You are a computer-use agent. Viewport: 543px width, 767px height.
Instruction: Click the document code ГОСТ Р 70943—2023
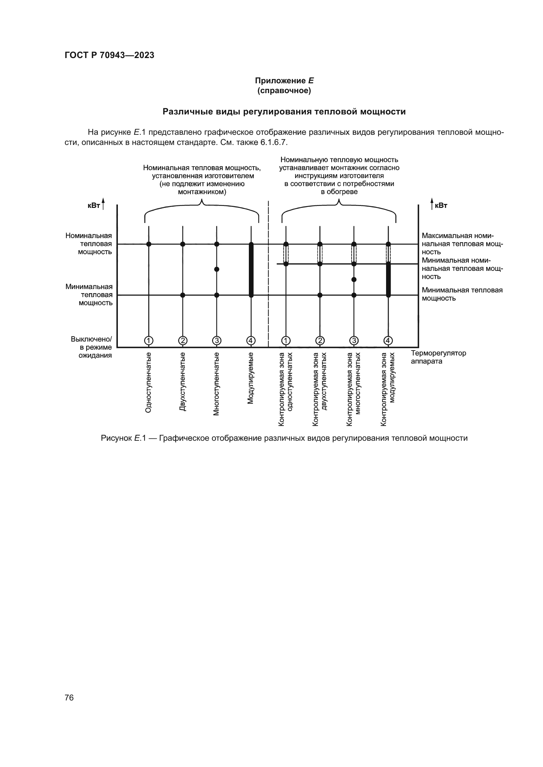pyautogui.click(x=109, y=55)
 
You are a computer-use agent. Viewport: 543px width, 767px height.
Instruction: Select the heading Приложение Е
pyautogui.click(x=284, y=81)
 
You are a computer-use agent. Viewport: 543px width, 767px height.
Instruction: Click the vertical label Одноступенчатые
pyautogui.click(x=148, y=382)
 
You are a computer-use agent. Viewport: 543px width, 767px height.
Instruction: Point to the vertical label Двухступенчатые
pyautogui.click(x=183, y=381)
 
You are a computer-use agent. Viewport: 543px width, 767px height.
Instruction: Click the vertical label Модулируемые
pyautogui.click(x=250, y=378)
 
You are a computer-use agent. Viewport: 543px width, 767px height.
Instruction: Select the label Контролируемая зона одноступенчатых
pyautogui.click(x=286, y=389)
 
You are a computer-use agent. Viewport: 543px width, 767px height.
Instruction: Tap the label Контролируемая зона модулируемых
pyautogui.click(x=388, y=389)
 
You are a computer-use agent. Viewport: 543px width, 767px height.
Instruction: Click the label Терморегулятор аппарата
pyautogui.click(x=438, y=357)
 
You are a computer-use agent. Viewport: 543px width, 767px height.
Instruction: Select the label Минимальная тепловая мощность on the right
pyautogui.click(x=462, y=294)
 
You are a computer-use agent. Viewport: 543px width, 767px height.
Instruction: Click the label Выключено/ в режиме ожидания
pyautogui.click(x=91, y=347)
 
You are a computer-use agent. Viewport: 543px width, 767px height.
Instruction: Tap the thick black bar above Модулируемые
pyautogui.click(x=251, y=270)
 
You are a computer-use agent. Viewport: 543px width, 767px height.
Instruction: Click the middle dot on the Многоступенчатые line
pyautogui.click(x=217, y=269)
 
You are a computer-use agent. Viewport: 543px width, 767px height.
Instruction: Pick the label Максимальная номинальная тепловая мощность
pyautogui.click(x=462, y=244)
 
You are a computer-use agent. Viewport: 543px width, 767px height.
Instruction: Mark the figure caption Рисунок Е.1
pyautogui.click(x=284, y=438)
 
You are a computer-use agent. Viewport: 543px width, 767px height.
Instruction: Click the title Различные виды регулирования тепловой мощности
pyautogui.click(x=284, y=111)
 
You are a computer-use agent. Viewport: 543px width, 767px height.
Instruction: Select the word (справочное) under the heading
pyautogui.click(x=284, y=91)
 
